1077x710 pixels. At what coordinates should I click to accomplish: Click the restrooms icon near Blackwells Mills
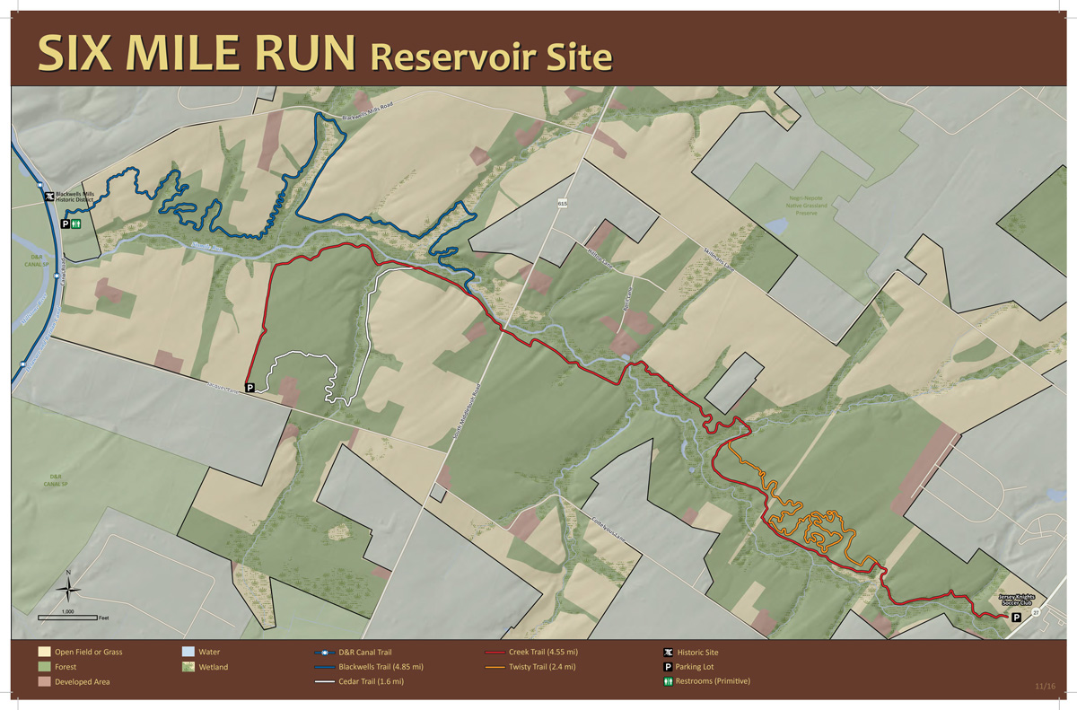pyautogui.click(x=77, y=224)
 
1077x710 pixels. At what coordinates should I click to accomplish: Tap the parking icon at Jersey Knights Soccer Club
pyautogui.click(x=1016, y=618)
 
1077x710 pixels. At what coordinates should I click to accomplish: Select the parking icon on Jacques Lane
pyautogui.click(x=250, y=388)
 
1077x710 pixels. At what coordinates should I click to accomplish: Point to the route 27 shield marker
pyautogui.click(x=1036, y=611)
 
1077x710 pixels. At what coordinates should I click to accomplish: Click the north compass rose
pyautogui.click(x=67, y=589)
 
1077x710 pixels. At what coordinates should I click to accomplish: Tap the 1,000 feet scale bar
pyautogui.click(x=67, y=617)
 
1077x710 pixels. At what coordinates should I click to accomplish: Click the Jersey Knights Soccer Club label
pyautogui.click(x=1018, y=599)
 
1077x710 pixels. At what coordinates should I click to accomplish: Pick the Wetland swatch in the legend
pyautogui.click(x=188, y=667)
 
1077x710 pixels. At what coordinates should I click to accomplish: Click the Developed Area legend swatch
pyautogui.click(x=44, y=681)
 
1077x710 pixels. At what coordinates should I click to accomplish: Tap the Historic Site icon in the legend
pyautogui.click(x=669, y=653)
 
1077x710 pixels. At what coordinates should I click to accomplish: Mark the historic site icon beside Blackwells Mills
pyautogui.click(x=48, y=195)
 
